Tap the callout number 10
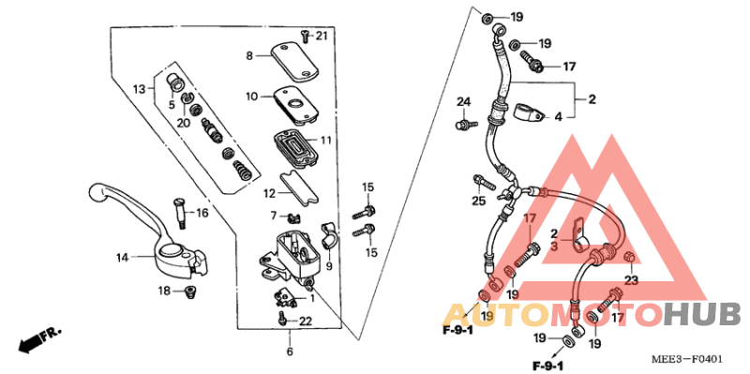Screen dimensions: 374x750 point(252,97)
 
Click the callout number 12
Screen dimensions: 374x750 point(269,194)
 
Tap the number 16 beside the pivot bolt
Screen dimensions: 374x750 point(202,214)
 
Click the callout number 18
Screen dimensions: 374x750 point(163,292)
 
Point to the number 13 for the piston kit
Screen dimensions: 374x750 point(140,89)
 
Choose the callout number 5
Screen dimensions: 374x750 point(172,105)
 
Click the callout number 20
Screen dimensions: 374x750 point(184,123)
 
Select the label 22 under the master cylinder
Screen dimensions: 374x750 point(305,322)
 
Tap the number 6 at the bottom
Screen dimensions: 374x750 point(291,352)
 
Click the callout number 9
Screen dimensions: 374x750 point(329,265)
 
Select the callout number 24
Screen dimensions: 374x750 point(462,101)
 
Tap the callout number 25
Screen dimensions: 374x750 point(479,201)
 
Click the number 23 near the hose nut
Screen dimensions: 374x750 point(631,279)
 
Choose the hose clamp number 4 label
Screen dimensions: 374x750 point(557,117)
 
